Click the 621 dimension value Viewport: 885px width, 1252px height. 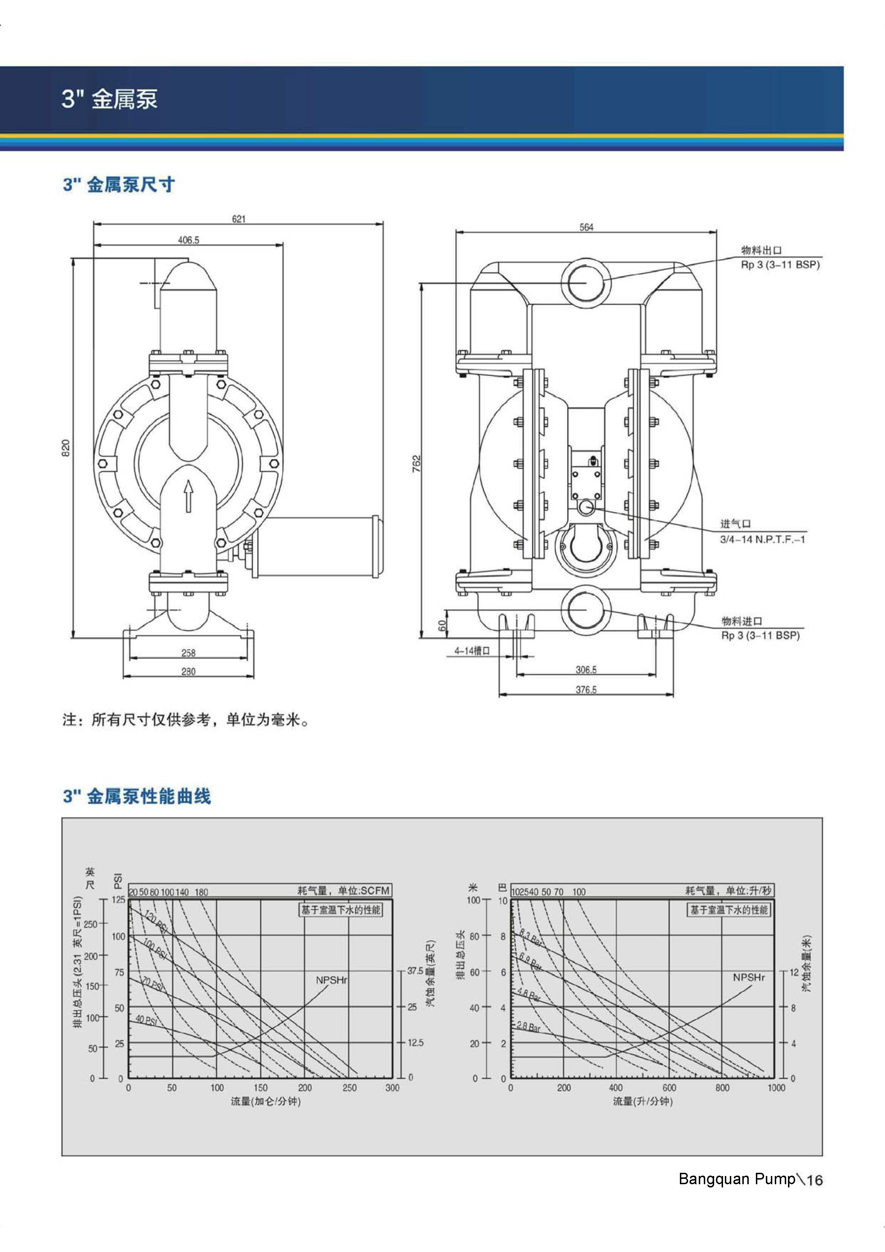tap(239, 219)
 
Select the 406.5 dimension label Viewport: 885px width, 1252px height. tap(189, 240)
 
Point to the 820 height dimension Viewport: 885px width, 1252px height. tap(66, 448)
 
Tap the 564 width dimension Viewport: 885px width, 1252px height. tap(586, 227)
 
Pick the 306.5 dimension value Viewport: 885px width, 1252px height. tap(586, 670)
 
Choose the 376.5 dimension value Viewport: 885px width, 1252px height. tap(586, 690)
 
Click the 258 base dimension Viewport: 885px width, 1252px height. tap(188, 653)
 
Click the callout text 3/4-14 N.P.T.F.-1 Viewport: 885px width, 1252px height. tap(762, 539)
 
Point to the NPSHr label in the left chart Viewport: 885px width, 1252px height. tap(331, 980)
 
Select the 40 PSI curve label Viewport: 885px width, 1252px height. tap(146, 1020)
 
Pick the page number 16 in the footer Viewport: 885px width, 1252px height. tap(814, 1180)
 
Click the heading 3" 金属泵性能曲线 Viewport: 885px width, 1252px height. tap(137, 797)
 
